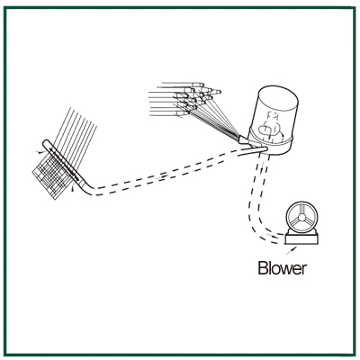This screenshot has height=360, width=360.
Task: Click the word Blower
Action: pos(283,268)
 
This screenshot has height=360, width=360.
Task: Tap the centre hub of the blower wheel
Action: pos(301,216)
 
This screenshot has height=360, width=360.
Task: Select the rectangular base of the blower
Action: pos(301,238)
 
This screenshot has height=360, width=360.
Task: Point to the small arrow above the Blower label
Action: pos(292,250)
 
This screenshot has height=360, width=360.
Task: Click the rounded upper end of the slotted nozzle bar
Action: pos(46,143)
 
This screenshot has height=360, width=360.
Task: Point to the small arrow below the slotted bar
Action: pos(71,189)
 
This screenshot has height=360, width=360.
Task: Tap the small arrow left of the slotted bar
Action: pos(39,152)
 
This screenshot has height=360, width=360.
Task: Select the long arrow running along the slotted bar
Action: pos(64,164)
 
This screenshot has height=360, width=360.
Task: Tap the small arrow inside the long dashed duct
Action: pos(163,176)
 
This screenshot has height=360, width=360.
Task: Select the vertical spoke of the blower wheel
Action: pos(301,209)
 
